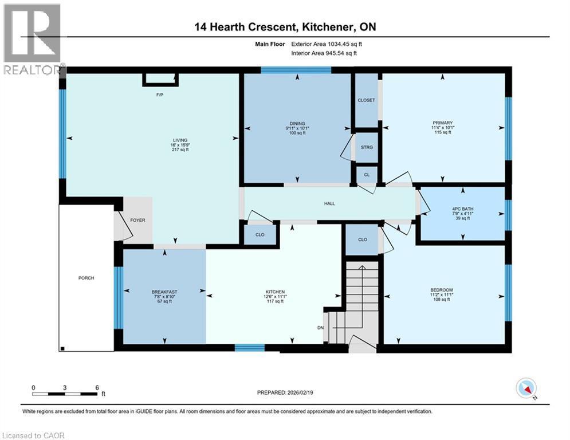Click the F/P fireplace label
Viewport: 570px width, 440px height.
(x=160, y=94)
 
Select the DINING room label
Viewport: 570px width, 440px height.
(x=297, y=123)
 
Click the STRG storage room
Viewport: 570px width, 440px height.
(x=367, y=147)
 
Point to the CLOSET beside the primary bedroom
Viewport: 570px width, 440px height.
(x=366, y=100)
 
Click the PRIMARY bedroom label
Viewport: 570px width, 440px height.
(x=443, y=123)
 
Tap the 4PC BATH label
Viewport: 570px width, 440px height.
(x=462, y=209)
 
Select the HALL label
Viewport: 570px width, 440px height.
(x=329, y=203)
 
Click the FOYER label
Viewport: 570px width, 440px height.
(x=137, y=220)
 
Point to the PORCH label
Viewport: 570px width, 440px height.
(x=86, y=278)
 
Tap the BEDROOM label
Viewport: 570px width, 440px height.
(x=442, y=290)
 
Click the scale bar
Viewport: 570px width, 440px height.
(x=65, y=394)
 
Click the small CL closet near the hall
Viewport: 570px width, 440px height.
(x=367, y=174)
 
